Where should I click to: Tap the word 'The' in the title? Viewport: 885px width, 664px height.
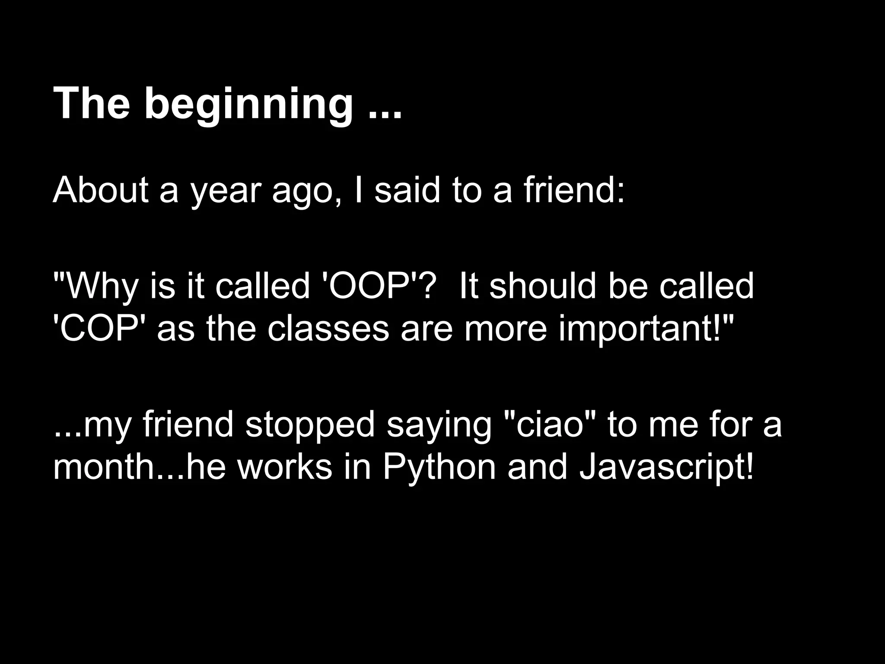pyautogui.click(x=91, y=104)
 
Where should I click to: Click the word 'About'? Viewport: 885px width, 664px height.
pyautogui.click(x=100, y=190)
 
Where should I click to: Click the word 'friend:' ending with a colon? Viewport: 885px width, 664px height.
pyautogui.click(x=574, y=190)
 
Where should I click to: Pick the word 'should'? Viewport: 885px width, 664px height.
pyautogui.click(x=543, y=286)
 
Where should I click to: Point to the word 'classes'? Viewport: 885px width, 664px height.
pyautogui.click(x=328, y=329)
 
